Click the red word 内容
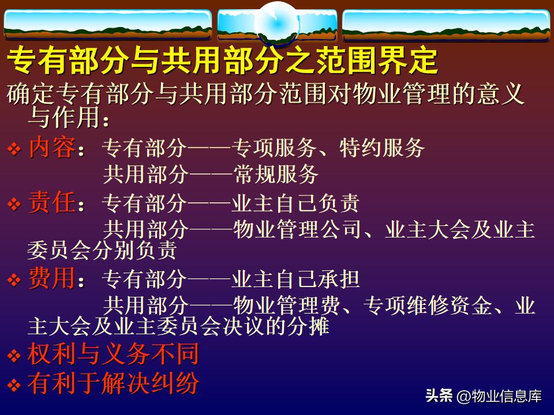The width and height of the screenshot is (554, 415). click(x=51, y=149)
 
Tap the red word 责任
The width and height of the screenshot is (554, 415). click(x=51, y=203)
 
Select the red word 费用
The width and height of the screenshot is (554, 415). click(x=51, y=280)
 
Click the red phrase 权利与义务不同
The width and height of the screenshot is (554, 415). click(x=113, y=354)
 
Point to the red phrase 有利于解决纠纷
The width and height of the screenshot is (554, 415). click(x=113, y=383)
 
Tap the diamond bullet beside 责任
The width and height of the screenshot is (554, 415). click(x=14, y=205)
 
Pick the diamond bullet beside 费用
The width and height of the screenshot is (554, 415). click(x=14, y=281)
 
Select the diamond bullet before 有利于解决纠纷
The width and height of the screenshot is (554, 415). click(x=14, y=384)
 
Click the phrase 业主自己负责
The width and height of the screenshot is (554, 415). click(x=295, y=204)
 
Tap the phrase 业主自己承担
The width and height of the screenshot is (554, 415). click(x=295, y=280)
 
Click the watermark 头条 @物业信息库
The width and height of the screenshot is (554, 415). click(x=484, y=397)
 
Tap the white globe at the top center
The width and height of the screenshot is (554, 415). click(x=276, y=22)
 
